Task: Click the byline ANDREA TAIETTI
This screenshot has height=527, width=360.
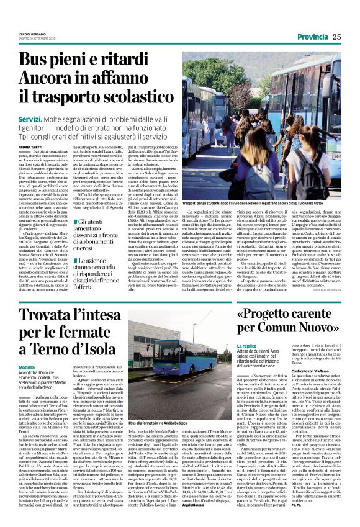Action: point(30,146)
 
